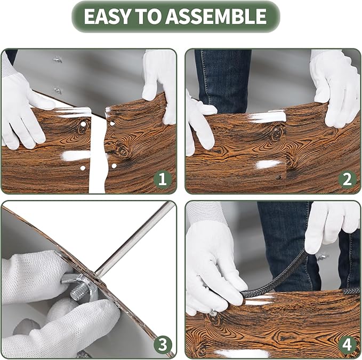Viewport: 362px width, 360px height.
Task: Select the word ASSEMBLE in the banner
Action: pos(216,16)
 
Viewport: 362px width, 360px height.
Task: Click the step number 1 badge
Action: pos(163,179)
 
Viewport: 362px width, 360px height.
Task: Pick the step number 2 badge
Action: pos(348,179)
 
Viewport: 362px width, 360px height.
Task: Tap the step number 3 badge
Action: pos(163,345)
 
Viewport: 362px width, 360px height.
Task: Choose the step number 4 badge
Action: pos(348,345)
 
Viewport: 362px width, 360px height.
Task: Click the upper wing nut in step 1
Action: pos(58,60)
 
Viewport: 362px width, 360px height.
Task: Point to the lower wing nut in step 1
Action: pos(57,91)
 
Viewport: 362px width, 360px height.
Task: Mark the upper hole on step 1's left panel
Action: pos(83,124)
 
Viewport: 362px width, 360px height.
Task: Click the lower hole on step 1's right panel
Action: pos(114,165)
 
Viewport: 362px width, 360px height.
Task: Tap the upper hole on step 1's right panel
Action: pos(112,124)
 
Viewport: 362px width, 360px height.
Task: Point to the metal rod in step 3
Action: pos(135,239)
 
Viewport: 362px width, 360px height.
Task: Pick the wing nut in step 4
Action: pos(323,257)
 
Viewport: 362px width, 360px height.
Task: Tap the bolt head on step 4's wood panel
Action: pos(213,313)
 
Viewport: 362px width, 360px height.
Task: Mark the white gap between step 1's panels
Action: pos(98,153)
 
